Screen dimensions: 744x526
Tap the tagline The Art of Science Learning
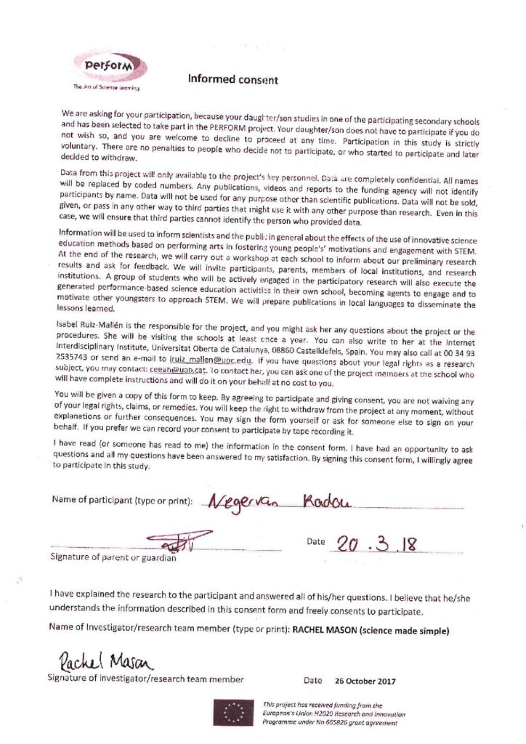pos(106,88)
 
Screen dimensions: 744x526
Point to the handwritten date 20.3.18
pos(375,543)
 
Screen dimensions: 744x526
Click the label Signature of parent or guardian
pos(113,557)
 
